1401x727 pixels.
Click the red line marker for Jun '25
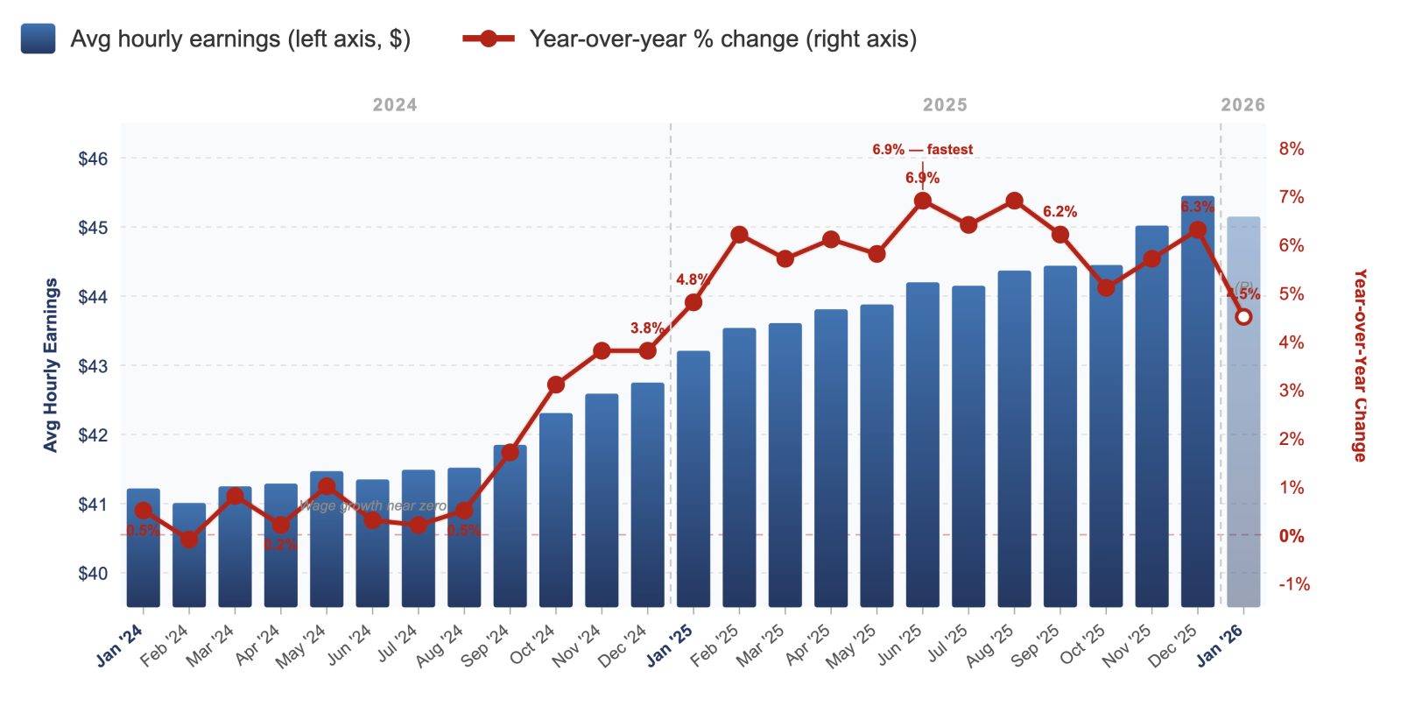click(x=922, y=201)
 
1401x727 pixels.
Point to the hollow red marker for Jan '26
click(x=1243, y=317)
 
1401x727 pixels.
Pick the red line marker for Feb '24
click(x=189, y=540)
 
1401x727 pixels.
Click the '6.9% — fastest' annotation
click(x=922, y=150)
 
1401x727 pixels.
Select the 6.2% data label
click(x=1060, y=212)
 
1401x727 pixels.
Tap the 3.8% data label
click(x=646, y=328)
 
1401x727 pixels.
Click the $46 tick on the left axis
click(x=93, y=159)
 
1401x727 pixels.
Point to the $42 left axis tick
click(x=93, y=435)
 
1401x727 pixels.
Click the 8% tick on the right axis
click(x=1291, y=149)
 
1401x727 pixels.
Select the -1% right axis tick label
click(x=1293, y=584)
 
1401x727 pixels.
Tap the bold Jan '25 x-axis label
click(x=670, y=646)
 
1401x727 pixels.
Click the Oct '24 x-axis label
click(x=533, y=646)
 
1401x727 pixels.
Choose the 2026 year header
click(x=1243, y=105)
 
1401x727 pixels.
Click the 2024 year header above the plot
click(x=395, y=105)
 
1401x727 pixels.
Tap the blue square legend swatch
click(x=38, y=39)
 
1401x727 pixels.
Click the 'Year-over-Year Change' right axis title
click(x=1359, y=365)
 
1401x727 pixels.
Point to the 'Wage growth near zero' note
click(x=373, y=506)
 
